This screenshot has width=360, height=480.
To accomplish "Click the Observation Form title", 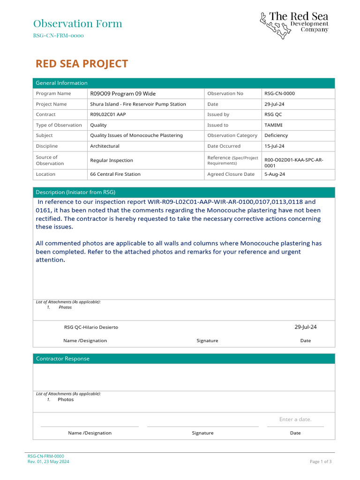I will point(77,23).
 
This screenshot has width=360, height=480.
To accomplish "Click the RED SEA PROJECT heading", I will point(82,64).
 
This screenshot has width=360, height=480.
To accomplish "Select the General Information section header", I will point(61,83).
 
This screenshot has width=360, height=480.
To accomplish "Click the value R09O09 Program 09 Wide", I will point(123,94).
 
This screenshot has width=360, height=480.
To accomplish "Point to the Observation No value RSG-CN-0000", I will point(279,94).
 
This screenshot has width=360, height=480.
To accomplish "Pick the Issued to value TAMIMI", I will point(273,125).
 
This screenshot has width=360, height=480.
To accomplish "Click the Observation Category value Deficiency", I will point(276,135).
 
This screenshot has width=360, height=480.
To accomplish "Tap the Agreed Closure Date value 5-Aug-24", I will point(275,174).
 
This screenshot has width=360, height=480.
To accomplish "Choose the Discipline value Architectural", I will point(105,146).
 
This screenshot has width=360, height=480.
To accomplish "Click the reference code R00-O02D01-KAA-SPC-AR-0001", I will point(293,163).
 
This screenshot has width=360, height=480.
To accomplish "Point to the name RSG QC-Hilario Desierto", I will point(91,327).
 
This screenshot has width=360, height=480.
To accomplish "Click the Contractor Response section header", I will point(62,359).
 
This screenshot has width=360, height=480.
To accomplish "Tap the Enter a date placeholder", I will point(295,420).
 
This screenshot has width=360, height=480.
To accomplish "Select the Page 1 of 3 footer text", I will point(321,462).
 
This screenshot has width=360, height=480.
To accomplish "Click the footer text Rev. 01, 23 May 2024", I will point(48,462).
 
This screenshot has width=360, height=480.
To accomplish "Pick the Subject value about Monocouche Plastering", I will point(136,135).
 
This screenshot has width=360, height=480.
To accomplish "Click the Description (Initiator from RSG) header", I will point(75,192).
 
